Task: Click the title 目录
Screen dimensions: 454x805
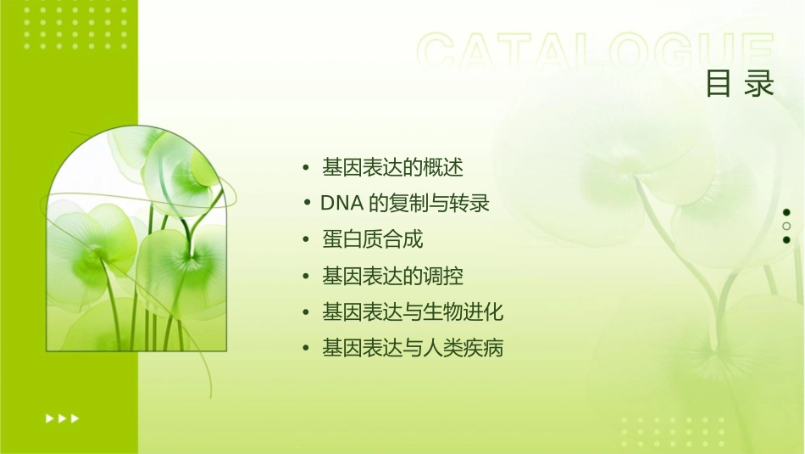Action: coord(740,83)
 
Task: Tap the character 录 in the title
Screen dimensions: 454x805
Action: coord(760,83)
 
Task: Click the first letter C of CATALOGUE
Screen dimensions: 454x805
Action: coord(440,53)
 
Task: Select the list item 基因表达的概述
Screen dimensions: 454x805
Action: coord(392,168)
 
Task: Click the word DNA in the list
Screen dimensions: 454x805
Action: coord(341,204)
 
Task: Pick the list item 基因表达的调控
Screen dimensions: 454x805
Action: coord(392,276)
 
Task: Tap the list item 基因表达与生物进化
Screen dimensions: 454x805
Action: coord(413,312)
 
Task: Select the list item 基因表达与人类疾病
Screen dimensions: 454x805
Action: coord(413,348)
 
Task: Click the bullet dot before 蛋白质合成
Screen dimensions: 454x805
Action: coord(307,240)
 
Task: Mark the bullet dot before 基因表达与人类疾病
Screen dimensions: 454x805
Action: coord(307,348)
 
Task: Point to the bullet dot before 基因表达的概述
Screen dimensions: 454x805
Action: coord(307,168)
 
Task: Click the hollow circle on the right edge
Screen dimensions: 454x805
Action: coord(786,226)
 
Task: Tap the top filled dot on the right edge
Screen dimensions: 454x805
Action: coord(786,212)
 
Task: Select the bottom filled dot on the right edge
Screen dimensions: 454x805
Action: coord(786,240)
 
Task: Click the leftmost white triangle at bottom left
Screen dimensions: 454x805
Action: coord(48,418)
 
